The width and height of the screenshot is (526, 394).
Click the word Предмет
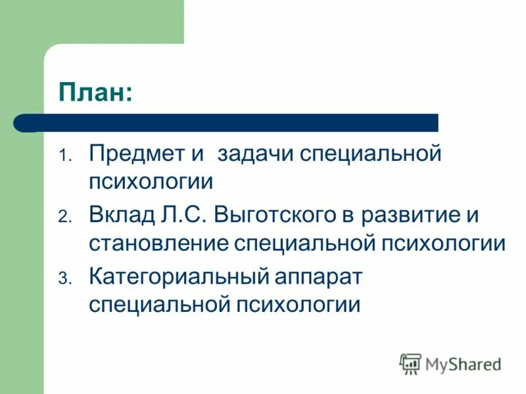(x=137, y=154)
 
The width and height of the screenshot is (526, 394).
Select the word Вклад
(x=122, y=215)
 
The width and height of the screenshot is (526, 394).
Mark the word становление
(x=158, y=244)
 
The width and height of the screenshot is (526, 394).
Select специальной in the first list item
(x=370, y=156)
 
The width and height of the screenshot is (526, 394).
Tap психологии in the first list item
(x=151, y=182)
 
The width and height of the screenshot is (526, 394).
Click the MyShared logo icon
(x=410, y=363)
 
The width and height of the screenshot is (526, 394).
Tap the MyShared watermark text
(x=463, y=364)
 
